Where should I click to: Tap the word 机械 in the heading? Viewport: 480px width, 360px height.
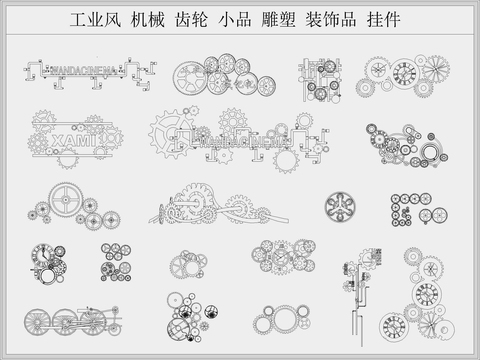click(151, 20)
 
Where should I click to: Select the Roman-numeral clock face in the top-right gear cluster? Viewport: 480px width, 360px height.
click(404, 72)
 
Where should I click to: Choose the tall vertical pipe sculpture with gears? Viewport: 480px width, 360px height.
click(359, 290)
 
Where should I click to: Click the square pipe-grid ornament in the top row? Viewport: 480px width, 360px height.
click(324, 78)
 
